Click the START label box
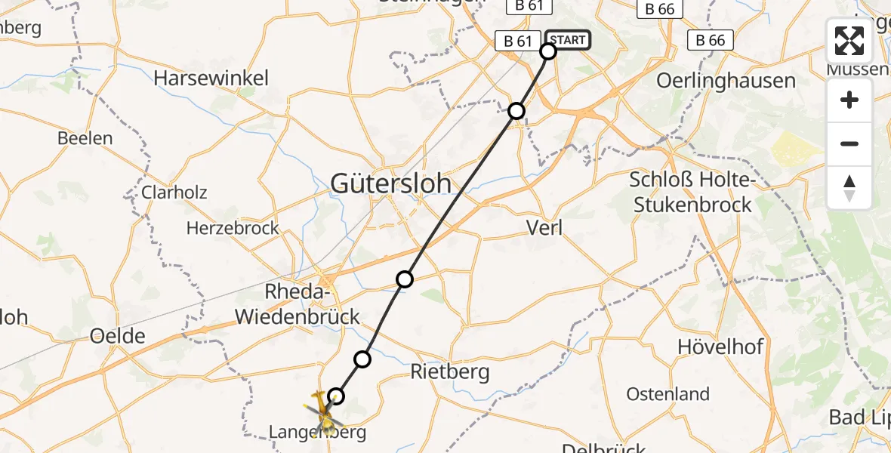coord(566,40)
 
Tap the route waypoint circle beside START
coord(548,51)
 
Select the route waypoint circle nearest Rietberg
coord(363,359)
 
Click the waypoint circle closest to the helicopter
coord(336,396)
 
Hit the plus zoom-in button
coord(849,100)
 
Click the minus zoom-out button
coord(849,144)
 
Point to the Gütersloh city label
coord(391,183)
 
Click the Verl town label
coord(544,228)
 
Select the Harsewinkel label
coord(211,79)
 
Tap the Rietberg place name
coord(449,371)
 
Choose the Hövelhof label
coord(720,347)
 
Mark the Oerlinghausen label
coord(726,81)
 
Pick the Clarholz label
coord(174,193)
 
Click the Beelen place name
coord(85,139)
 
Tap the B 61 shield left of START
coord(518,41)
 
